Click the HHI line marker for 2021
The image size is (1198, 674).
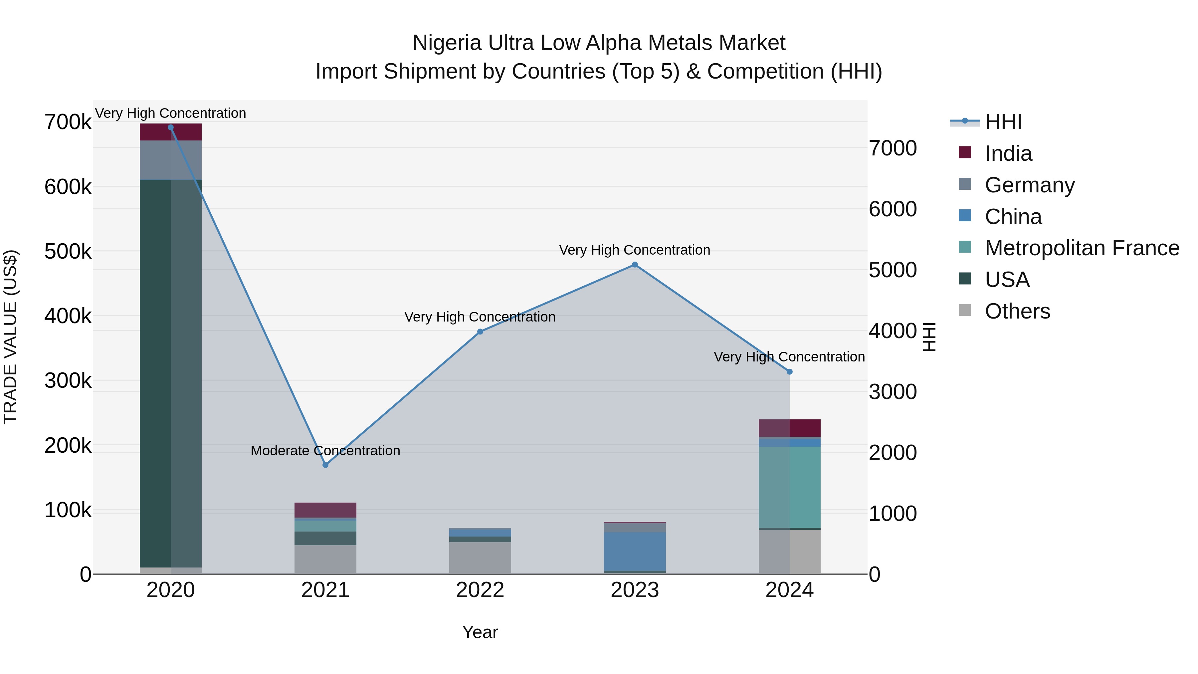point(325,465)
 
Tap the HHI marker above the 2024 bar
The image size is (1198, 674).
point(789,372)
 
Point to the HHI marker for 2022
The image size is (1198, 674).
point(480,332)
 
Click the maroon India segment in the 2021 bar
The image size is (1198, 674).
point(325,510)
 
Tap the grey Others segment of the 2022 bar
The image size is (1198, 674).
point(480,558)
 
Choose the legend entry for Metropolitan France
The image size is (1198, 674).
point(1082,248)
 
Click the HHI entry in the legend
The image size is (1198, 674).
point(1003,122)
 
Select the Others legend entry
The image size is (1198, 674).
point(1017,311)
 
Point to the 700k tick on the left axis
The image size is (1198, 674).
point(68,122)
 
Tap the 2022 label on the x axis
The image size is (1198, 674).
point(480,590)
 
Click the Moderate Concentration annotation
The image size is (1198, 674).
point(325,451)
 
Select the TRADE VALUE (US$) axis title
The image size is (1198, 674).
point(10,337)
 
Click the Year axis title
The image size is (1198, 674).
point(480,632)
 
